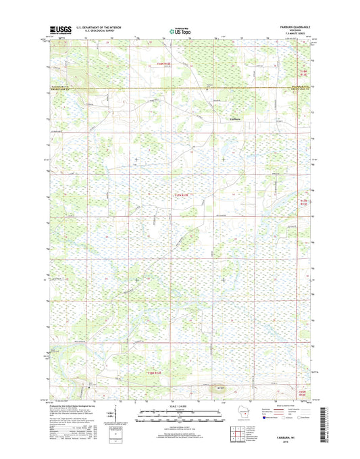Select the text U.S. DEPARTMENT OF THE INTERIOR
point(100,28)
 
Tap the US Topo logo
point(180,30)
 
